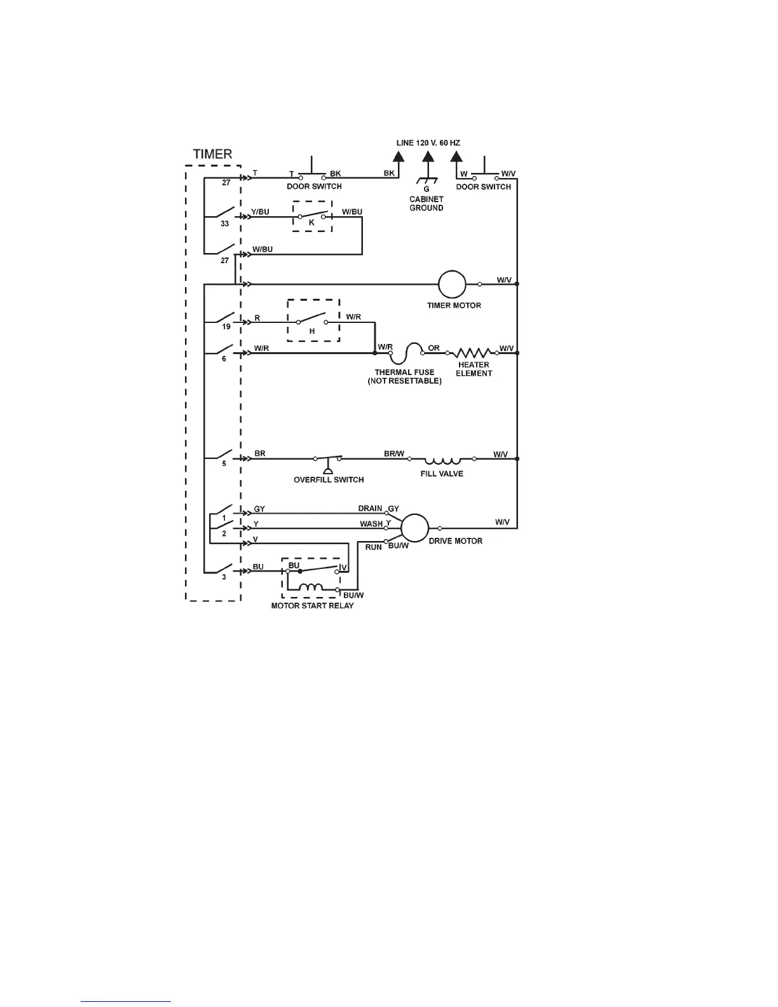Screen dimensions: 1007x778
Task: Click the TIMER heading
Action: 212,154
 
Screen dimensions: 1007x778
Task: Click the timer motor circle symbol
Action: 453,284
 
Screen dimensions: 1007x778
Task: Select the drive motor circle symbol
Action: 415,528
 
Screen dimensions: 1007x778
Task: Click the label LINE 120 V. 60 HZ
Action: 428,143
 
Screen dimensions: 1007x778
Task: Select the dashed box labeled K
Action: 311,217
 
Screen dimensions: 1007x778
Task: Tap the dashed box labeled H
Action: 313,320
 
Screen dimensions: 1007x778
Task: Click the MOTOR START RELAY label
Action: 313,606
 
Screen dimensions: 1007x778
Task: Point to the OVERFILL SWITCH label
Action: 329,480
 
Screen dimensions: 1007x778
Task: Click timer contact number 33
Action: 224,224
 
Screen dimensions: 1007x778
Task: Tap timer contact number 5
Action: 224,464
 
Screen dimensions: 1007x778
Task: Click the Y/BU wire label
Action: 260,212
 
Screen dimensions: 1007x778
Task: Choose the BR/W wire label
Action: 393,454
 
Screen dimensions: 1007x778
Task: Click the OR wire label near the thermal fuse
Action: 433,348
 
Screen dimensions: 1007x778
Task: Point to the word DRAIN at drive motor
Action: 370,509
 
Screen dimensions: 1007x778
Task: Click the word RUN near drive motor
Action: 373,547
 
